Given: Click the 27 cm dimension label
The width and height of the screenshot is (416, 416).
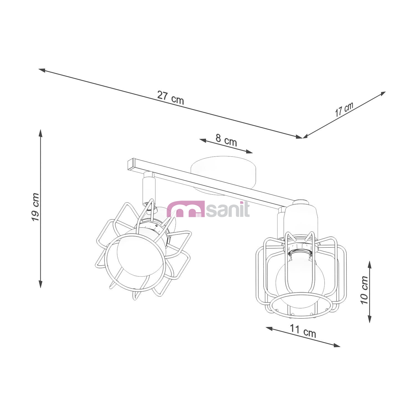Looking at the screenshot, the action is [x=171, y=97].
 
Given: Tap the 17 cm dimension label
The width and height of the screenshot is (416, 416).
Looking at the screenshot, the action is [x=344, y=109].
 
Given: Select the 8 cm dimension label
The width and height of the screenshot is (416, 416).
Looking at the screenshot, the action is [x=226, y=140].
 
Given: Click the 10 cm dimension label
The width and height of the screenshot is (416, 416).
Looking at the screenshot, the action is [x=364, y=290].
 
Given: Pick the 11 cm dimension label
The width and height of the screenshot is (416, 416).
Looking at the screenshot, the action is [x=303, y=331].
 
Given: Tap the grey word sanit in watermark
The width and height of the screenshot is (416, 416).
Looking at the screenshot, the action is [x=228, y=210].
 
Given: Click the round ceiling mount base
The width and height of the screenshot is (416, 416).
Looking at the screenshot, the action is [x=223, y=174].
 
